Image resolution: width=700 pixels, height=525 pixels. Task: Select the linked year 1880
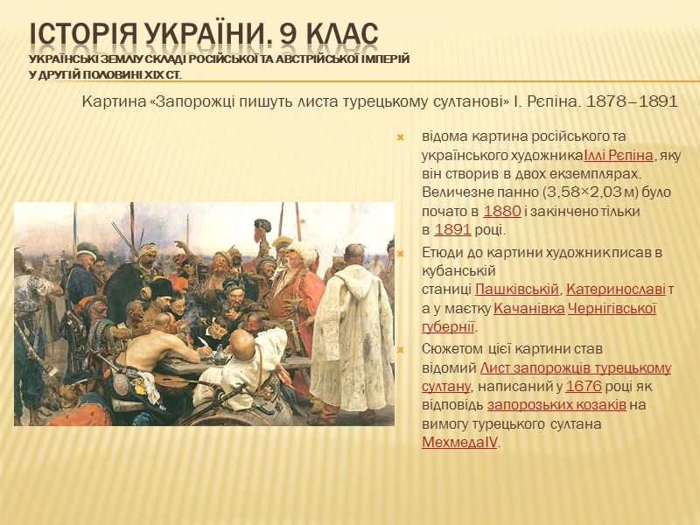tap(501, 211)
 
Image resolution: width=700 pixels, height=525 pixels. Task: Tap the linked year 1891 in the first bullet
tap(452, 230)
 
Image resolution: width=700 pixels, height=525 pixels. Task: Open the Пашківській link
tap(517, 288)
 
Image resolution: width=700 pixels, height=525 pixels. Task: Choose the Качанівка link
tap(528, 308)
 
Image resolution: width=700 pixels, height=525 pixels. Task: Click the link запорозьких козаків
tap(556, 404)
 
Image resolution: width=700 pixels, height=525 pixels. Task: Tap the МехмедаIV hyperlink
tap(460, 443)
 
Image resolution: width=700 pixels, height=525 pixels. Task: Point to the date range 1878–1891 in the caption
tap(634, 101)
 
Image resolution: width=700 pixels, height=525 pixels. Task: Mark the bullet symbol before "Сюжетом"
tap(400, 349)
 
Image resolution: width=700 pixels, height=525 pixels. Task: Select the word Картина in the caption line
tap(114, 101)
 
